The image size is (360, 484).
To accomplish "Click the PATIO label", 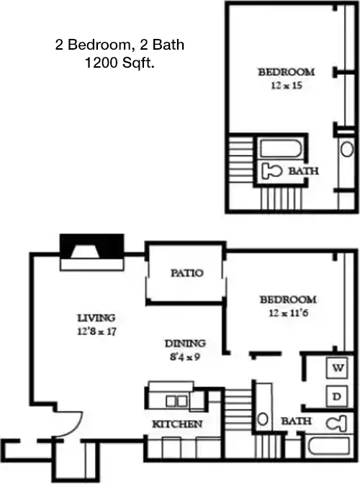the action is pos(187,273).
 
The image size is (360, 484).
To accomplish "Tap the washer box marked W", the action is pos(338,368).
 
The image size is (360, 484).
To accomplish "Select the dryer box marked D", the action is pos(337,396).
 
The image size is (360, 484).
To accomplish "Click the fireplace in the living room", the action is pos(92,252).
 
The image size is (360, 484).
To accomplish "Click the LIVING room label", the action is pos(96,318).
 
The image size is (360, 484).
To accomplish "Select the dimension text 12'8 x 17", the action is pos(96,331).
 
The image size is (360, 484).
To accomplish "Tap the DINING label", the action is pos(185,344).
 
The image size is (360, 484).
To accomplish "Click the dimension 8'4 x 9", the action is pos(185,357).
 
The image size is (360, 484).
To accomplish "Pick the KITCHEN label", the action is pos(177,424).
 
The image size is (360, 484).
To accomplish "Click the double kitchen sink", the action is pos(176,401).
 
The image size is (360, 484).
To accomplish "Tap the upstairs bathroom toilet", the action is pos(271,171).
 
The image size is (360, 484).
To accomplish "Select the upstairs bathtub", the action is pos(281,148).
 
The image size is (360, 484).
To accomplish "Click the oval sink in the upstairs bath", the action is pos(347,149).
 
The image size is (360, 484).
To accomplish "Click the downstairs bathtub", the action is pos(330,446).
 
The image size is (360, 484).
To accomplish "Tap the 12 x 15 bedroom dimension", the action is pos(287,86).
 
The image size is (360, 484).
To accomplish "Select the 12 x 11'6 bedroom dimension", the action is pos(289,313).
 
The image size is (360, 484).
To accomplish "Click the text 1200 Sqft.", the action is pos(120,63).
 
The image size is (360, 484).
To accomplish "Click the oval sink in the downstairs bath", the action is pos(263,419).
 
